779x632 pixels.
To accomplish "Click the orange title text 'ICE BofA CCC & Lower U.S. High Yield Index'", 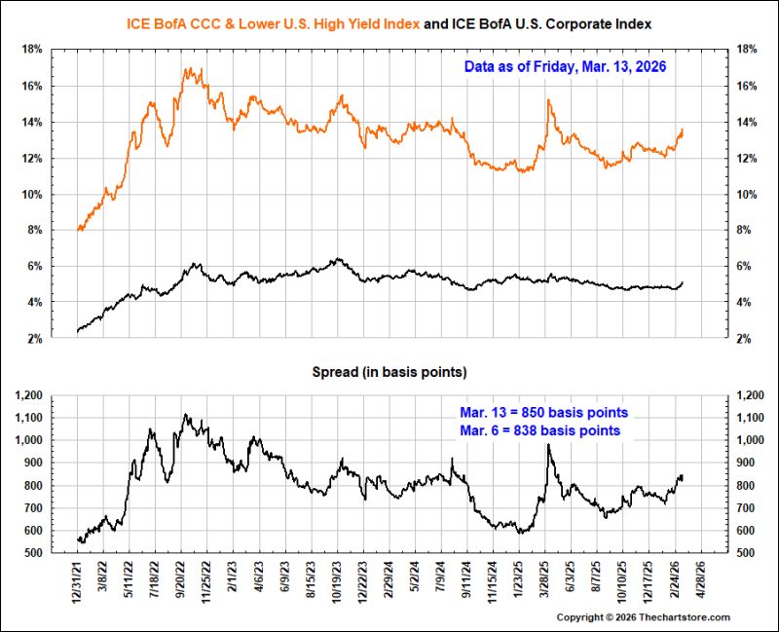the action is [273, 23].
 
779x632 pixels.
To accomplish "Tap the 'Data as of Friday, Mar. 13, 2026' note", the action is [565, 66].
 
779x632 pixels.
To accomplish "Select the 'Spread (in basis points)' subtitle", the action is [389, 372].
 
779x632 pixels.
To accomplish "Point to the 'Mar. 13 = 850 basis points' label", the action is [543, 412].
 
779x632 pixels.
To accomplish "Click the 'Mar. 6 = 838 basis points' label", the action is [540, 430].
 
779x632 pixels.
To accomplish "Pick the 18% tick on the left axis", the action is [32, 50].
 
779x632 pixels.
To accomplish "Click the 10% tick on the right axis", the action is [747, 194].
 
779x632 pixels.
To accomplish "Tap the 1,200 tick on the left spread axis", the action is [29, 395].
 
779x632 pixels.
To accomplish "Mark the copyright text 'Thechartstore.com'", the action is [685, 617].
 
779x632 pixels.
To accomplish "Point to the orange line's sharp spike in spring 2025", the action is [548, 100].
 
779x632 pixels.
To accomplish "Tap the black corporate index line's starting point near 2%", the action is [78, 331].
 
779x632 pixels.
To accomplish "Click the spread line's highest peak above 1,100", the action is [185, 414].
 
